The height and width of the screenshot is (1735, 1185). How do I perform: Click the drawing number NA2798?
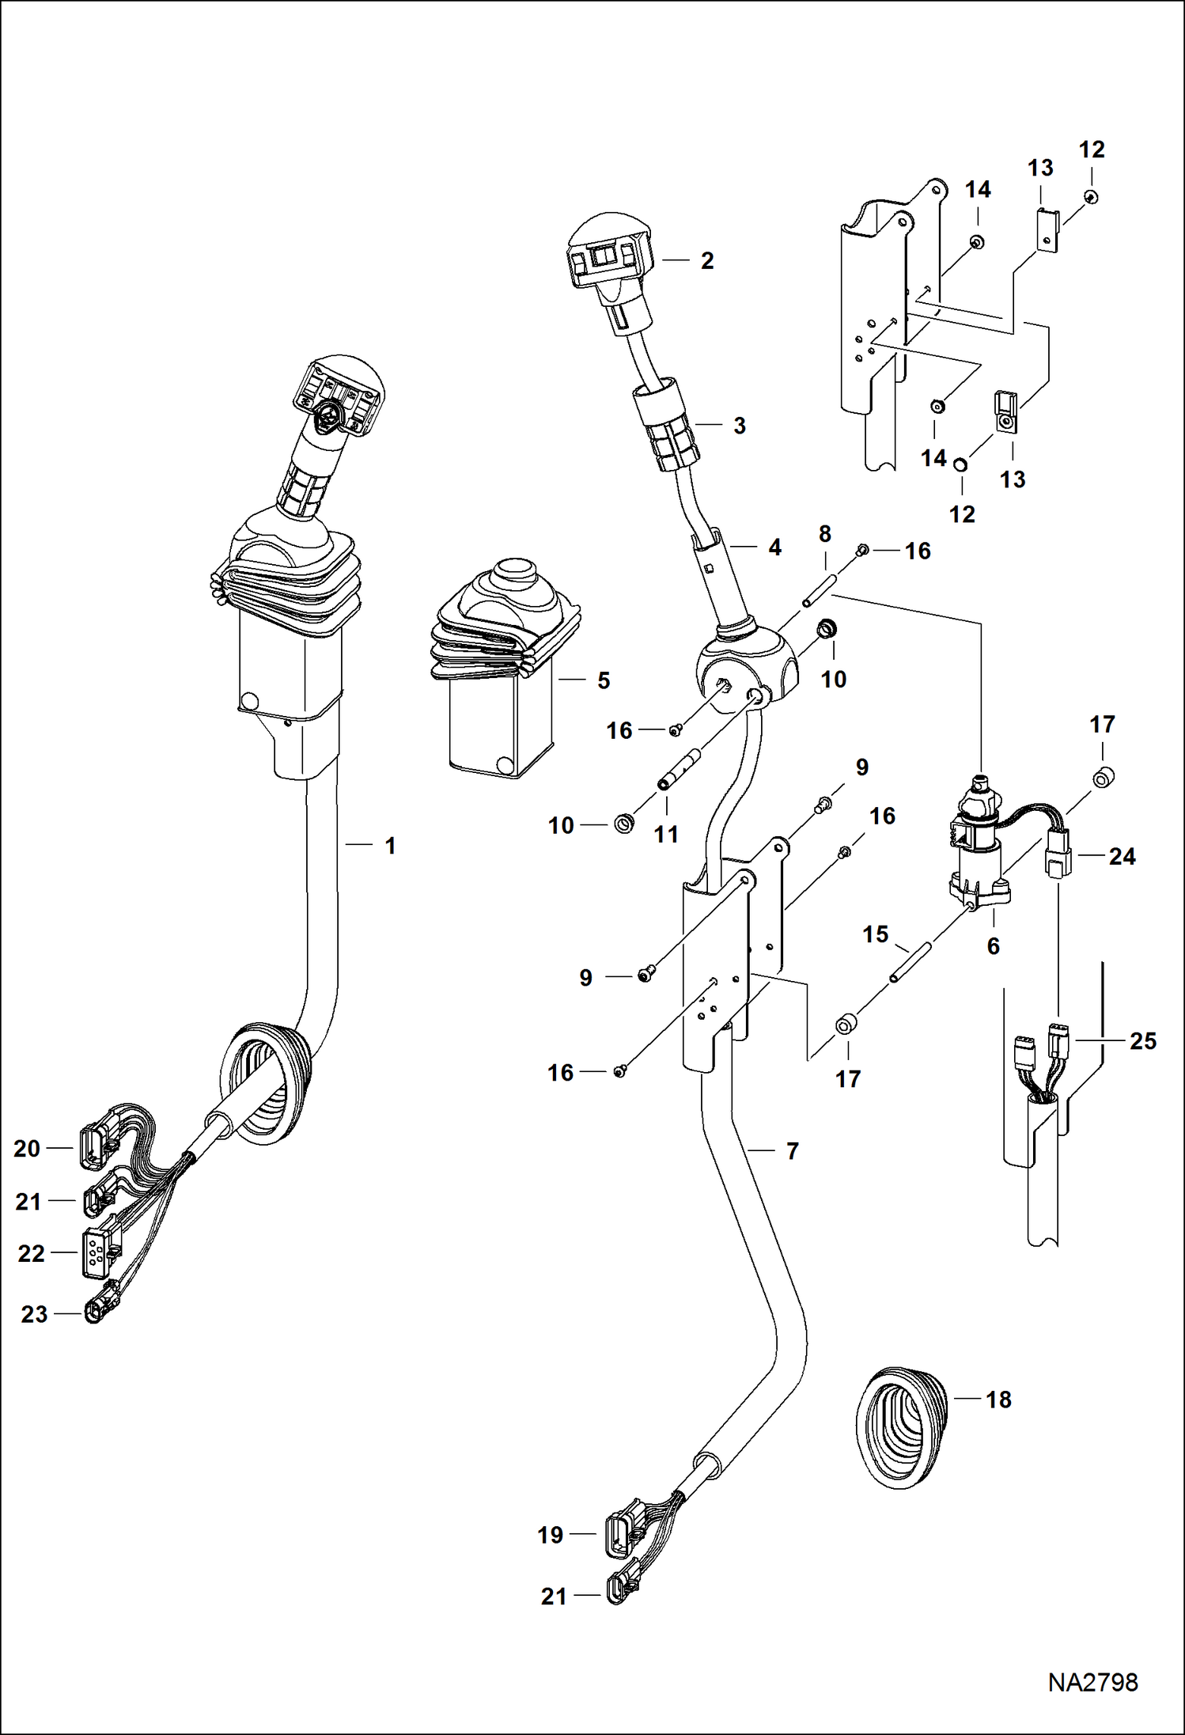(x=1092, y=1682)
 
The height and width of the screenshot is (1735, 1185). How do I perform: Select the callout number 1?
(x=390, y=846)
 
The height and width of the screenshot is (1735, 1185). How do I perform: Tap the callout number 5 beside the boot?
(x=604, y=680)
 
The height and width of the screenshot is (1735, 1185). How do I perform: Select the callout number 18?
(x=998, y=1400)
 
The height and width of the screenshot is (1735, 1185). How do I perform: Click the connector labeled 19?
(x=621, y=1534)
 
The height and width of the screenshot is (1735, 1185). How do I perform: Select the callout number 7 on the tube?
(x=793, y=1151)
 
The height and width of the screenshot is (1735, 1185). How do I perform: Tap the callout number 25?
(x=1142, y=1041)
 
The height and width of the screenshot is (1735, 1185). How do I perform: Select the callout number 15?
(x=875, y=934)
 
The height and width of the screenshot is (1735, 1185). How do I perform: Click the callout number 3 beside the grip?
(x=739, y=426)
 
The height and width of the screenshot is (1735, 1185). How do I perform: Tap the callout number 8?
(x=824, y=534)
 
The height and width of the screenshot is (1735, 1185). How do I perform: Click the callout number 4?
(x=774, y=547)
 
